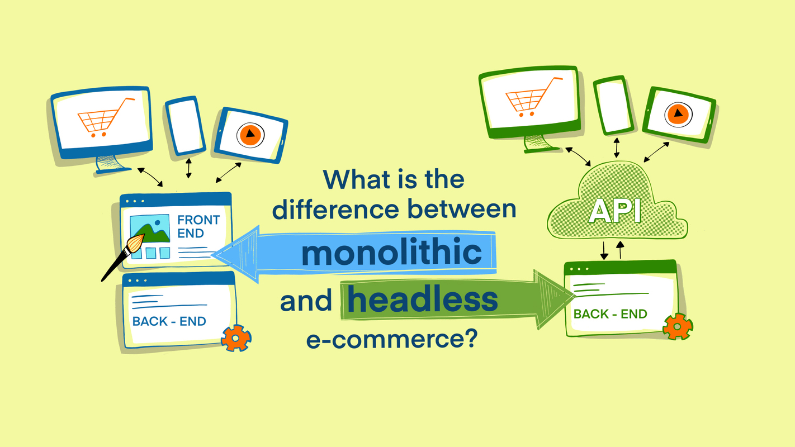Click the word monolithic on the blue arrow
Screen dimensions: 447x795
click(391, 253)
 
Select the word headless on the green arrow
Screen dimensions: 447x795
click(422, 300)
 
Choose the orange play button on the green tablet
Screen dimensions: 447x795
click(678, 114)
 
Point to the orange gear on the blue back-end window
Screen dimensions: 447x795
click(235, 338)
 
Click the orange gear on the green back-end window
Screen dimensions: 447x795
click(677, 326)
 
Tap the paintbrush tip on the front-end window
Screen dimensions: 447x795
click(136, 244)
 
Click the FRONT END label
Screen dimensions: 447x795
click(198, 226)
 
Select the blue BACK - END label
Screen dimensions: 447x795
click(169, 321)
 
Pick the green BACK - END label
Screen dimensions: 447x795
click(610, 314)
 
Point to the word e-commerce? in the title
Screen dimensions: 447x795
click(391, 339)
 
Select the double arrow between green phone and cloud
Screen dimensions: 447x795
click(617, 148)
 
